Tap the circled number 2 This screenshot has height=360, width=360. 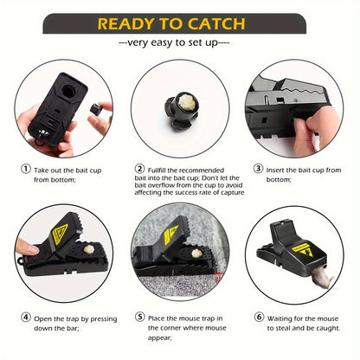[x=140, y=169]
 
